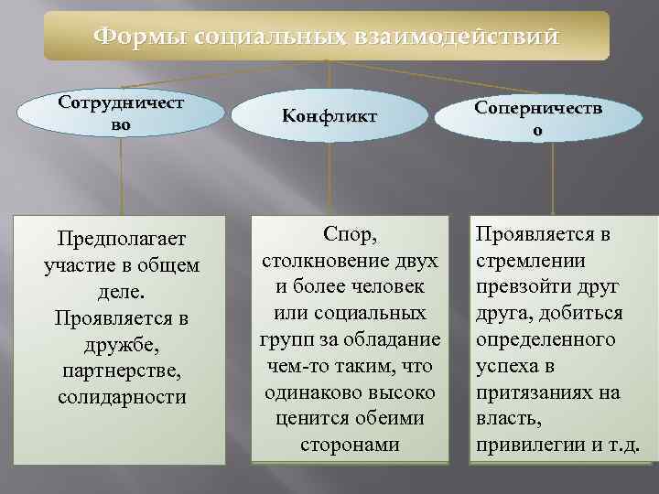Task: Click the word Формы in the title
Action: (x=140, y=37)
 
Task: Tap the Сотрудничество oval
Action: (x=120, y=114)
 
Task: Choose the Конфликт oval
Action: (x=329, y=116)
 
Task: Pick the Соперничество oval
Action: (x=537, y=120)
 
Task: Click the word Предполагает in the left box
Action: (x=120, y=240)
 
